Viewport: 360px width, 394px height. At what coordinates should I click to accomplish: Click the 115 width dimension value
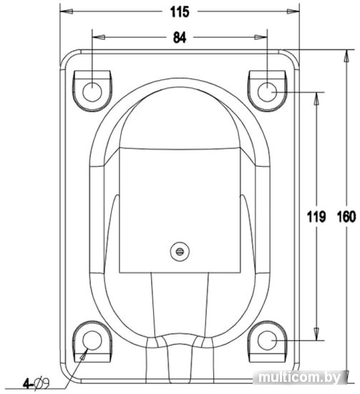tap(180, 11)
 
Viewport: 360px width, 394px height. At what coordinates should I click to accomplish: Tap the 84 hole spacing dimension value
tap(180, 38)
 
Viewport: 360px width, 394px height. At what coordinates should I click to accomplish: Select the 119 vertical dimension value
tap(316, 216)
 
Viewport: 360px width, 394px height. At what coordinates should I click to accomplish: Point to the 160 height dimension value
tap(346, 216)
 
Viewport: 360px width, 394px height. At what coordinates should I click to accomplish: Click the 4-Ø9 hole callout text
tap(37, 383)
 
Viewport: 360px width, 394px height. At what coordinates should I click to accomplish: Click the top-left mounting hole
tap(92, 92)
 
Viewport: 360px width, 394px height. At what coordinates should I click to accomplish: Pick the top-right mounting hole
tap(267, 92)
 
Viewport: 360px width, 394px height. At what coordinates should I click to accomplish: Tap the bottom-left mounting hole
tap(92, 340)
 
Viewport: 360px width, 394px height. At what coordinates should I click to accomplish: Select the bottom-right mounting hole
tap(267, 340)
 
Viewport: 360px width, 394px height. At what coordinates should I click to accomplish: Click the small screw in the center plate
tap(180, 251)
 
